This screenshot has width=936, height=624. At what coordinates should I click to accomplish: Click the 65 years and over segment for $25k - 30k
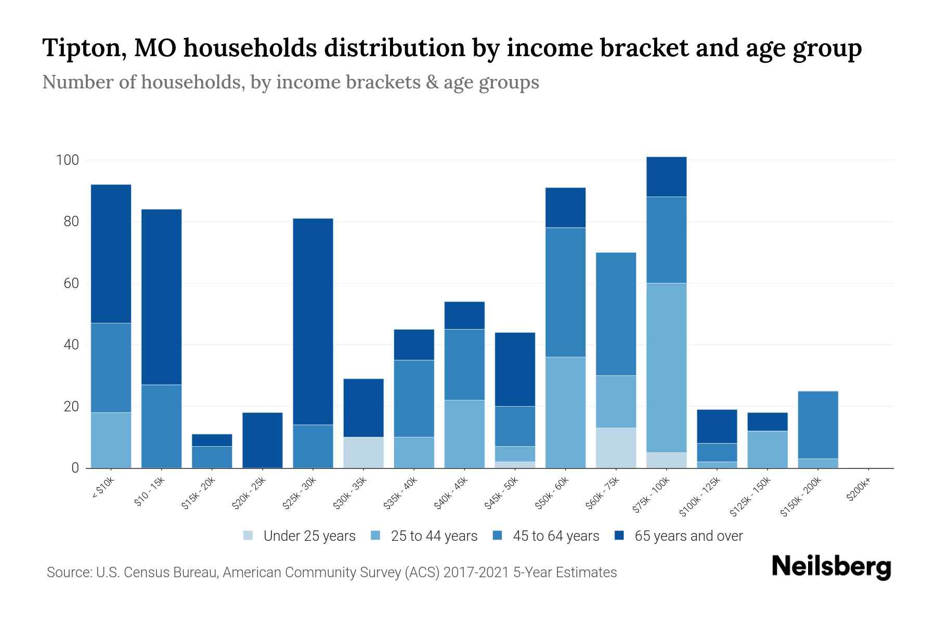tap(313, 321)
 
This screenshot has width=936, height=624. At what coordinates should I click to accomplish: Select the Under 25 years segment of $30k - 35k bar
tap(363, 452)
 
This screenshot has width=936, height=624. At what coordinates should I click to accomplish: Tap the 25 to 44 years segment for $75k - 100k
tap(667, 368)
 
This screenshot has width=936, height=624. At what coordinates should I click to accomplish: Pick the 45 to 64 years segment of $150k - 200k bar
tap(818, 425)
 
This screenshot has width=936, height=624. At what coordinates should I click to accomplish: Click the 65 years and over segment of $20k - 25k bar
tap(263, 440)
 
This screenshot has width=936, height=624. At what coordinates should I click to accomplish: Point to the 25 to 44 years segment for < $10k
tap(111, 440)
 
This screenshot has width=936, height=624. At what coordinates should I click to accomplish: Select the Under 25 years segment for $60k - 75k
tap(616, 448)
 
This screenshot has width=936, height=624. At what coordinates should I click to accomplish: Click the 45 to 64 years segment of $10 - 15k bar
tap(161, 426)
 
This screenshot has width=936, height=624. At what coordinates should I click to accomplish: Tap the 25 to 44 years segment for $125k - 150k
tap(768, 449)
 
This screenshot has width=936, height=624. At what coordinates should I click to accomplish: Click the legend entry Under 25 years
tap(309, 536)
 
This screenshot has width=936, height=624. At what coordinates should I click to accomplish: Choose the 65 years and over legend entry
tap(688, 536)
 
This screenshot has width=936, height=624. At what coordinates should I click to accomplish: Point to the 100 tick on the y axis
tap(67, 160)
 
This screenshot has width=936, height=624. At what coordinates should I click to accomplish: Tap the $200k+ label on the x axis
tap(859, 490)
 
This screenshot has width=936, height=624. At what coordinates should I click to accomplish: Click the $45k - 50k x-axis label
tap(502, 494)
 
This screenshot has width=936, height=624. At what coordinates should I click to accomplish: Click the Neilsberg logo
tap(831, 567)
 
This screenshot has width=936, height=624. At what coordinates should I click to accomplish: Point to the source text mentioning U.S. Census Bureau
tap(331, 573)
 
